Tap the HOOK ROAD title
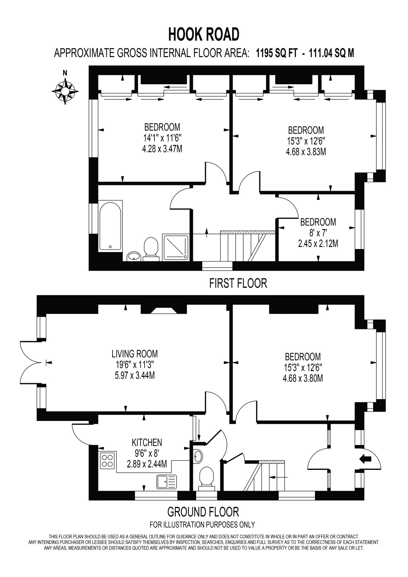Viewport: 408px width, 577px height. tap(204, 35)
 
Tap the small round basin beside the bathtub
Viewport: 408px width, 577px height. tap(133, 256)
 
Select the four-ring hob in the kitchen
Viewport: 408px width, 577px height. tap(107, 460)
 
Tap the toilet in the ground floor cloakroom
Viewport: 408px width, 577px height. tap(206, 478)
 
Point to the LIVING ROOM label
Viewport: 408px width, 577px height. tap(135, 354)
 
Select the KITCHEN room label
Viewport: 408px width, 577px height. tap(147, 443)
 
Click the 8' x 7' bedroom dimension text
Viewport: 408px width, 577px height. tap(318, 233)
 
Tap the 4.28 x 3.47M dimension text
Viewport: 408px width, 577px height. tap(163, 149)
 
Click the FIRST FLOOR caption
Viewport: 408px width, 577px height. tap(238, 283)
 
